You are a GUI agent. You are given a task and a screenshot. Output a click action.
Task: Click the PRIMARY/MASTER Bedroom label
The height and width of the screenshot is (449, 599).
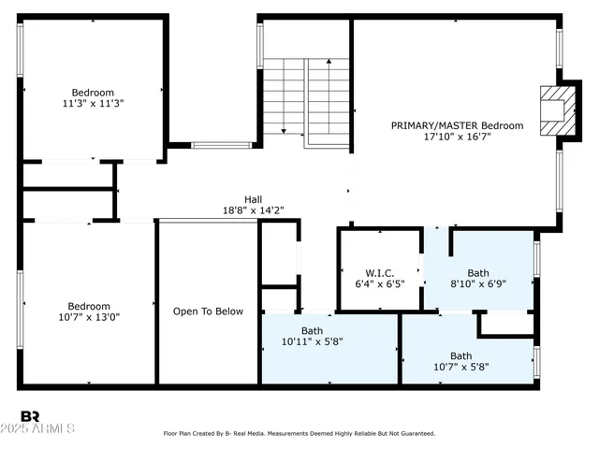457,125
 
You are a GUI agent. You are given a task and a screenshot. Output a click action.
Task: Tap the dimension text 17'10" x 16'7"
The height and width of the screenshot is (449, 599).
457,137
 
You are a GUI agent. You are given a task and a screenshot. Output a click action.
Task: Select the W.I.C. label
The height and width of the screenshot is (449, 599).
372,274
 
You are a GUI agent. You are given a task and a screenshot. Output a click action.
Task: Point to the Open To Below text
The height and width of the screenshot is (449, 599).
208,311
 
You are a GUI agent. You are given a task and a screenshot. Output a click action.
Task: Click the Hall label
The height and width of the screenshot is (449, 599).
253,199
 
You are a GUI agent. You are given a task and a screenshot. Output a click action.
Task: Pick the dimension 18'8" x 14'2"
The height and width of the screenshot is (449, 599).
253,210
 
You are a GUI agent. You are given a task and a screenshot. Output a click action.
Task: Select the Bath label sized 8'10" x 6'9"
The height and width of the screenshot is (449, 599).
478,274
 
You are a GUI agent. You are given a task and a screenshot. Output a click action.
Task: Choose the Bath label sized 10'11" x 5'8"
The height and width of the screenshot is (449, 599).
312,331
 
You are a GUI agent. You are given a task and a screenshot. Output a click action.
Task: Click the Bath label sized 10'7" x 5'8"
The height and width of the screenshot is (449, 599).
461,355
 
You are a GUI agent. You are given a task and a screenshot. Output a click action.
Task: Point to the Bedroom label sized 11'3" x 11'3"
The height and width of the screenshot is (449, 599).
93,93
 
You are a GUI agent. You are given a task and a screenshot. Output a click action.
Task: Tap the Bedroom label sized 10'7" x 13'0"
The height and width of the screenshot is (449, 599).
89,306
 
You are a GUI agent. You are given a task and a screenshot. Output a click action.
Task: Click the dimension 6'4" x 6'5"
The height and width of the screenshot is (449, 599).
372,285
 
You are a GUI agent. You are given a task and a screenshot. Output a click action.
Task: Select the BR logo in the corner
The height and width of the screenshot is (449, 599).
30,417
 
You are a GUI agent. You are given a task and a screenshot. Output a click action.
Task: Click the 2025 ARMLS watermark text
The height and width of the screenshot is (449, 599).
47,429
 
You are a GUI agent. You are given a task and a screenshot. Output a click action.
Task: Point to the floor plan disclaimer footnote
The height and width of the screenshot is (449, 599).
299,434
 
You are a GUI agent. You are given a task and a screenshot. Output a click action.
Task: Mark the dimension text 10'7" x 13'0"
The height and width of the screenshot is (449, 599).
89,317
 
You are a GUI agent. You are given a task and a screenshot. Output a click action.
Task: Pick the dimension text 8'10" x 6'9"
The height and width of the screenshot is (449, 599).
478,285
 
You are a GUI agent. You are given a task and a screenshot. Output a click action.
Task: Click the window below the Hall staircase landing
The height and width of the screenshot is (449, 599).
222,145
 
